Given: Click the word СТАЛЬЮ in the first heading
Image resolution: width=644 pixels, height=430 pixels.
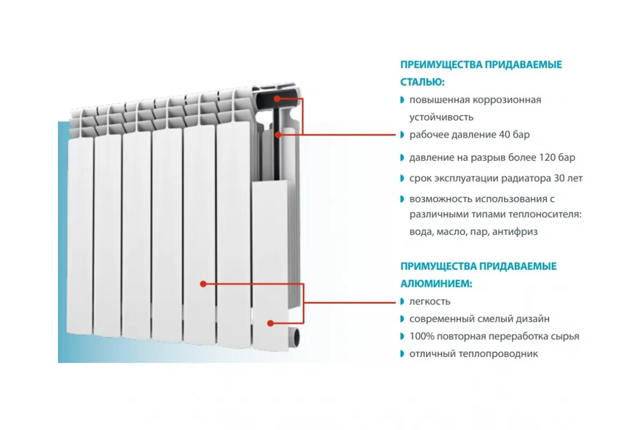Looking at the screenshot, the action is point(421,82).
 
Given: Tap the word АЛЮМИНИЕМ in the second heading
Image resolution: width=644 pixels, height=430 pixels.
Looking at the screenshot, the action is point(436,283).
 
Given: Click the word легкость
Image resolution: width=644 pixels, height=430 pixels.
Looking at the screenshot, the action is point(430,302).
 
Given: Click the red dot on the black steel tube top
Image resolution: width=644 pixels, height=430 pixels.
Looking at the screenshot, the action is point(277,98).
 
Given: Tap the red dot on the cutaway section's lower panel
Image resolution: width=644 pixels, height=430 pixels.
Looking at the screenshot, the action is point(270,323).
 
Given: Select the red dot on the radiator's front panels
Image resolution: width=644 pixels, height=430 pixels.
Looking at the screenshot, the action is point(203,283).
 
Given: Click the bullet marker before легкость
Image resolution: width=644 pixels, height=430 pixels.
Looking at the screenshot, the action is point(402,302).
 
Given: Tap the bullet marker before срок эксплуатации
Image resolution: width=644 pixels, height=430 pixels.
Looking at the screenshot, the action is point(402,178).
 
